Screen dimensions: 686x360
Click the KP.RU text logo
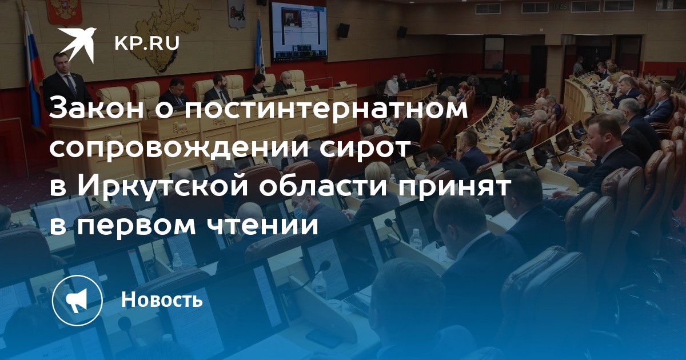point(147,43)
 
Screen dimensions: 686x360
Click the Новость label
point(162,299)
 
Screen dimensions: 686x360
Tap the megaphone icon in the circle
point(77,300)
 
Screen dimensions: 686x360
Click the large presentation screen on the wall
point(298,31)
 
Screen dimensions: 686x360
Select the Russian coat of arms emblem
point(64,12)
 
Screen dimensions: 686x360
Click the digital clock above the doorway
point(560,6)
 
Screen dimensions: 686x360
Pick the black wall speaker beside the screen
point(344,30)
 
